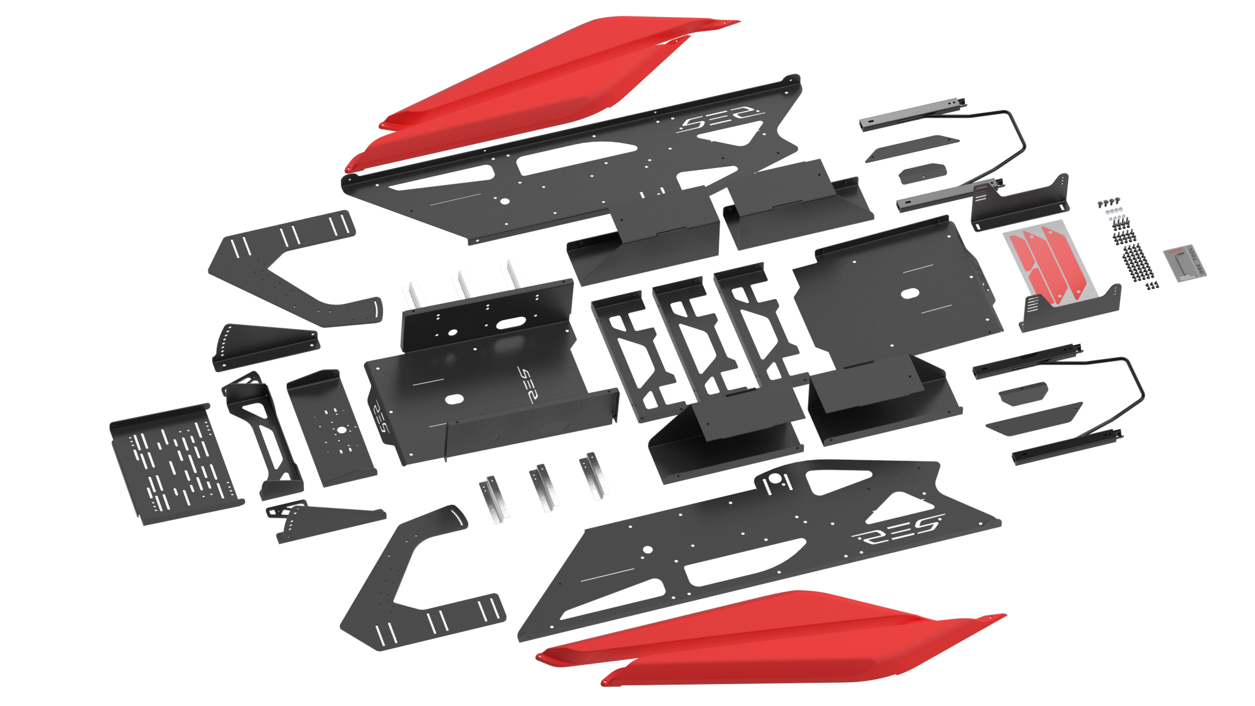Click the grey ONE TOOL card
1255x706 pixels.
pyautogui.click(x=1185, y=263)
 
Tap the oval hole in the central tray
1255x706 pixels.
pyautogui.click(x=454, y=400)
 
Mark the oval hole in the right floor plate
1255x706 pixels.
pyautogui.click(x=909, y=294)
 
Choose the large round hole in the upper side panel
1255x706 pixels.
pyautogui.click(x=504, y=201)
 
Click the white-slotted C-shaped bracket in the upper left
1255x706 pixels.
pyautogui.click(x=288, y=264)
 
